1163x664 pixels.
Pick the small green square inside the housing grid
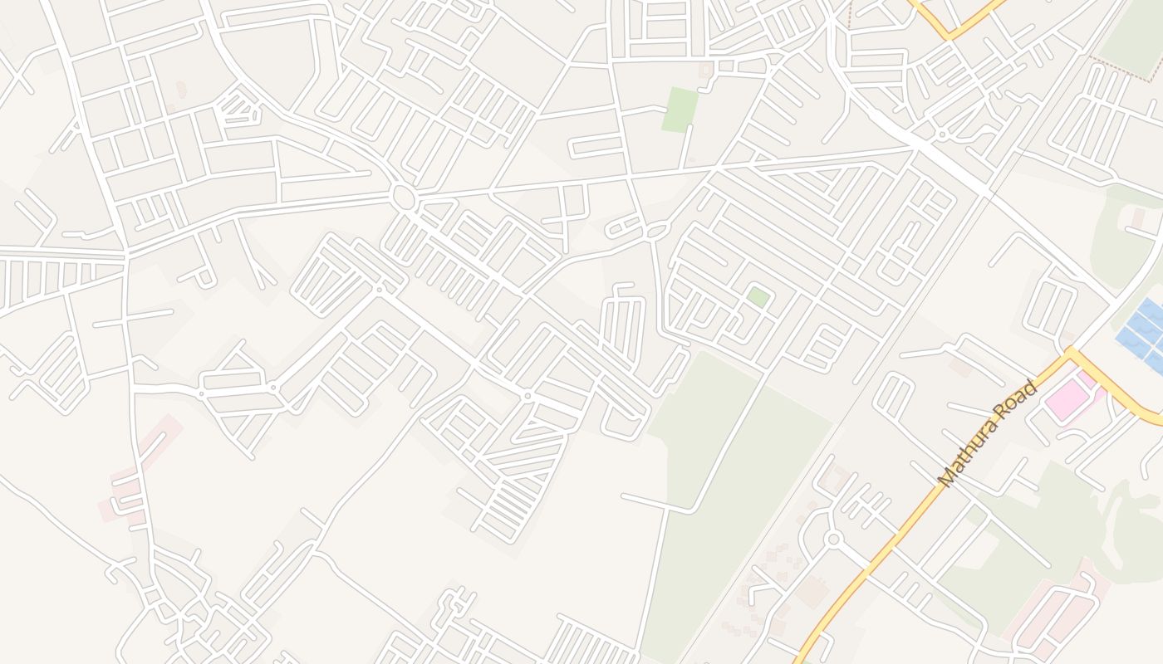click(757, 296)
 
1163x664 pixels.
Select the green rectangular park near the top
click(680, 109)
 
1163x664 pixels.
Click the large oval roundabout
click(403, 198)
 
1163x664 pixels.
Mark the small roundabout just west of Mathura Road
click(834, 539)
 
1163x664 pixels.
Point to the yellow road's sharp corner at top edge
click(950, 36)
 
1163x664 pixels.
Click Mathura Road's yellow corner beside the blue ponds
click(1072, 354)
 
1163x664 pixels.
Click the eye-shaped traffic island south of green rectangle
click(655, 230)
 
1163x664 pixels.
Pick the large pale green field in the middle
click(731, 465)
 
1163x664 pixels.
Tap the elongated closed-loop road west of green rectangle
click(596, 147)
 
